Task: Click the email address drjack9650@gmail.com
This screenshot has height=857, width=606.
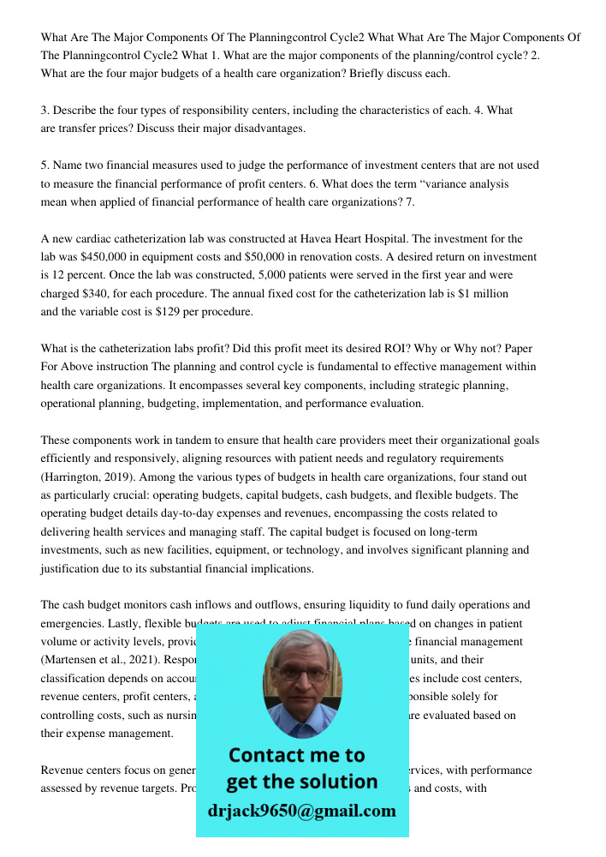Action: [301, 811]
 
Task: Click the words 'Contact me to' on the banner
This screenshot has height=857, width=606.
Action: [296, 755]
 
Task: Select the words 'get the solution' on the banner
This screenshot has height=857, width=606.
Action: [301, 782]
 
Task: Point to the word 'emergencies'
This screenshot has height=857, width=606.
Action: [70, 623]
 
